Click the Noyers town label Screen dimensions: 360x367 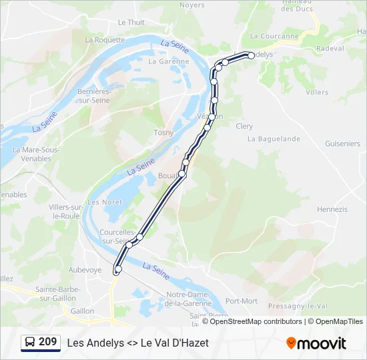[192, 5]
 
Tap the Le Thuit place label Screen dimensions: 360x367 [131, 22]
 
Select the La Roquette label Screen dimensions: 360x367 [105, 39]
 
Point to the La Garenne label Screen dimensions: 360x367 [169, 61]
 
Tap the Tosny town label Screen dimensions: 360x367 [163, 132]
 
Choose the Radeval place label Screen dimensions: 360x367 [330, 49]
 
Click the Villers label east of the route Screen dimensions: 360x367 [316, 92]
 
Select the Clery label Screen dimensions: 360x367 [244, 126]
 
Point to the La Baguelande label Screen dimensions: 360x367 [274, 139]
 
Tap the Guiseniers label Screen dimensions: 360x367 [342, 143]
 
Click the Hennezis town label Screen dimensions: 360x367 [332, 209]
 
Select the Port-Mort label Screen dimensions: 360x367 [242, 301]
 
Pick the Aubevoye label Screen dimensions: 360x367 [85, 269]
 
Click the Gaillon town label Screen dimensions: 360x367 [82, 311]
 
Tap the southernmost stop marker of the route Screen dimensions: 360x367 [118, 269]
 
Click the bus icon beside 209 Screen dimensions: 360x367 [30, 342]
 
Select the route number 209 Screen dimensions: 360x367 [48, 342]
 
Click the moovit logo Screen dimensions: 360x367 [316, 343]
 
